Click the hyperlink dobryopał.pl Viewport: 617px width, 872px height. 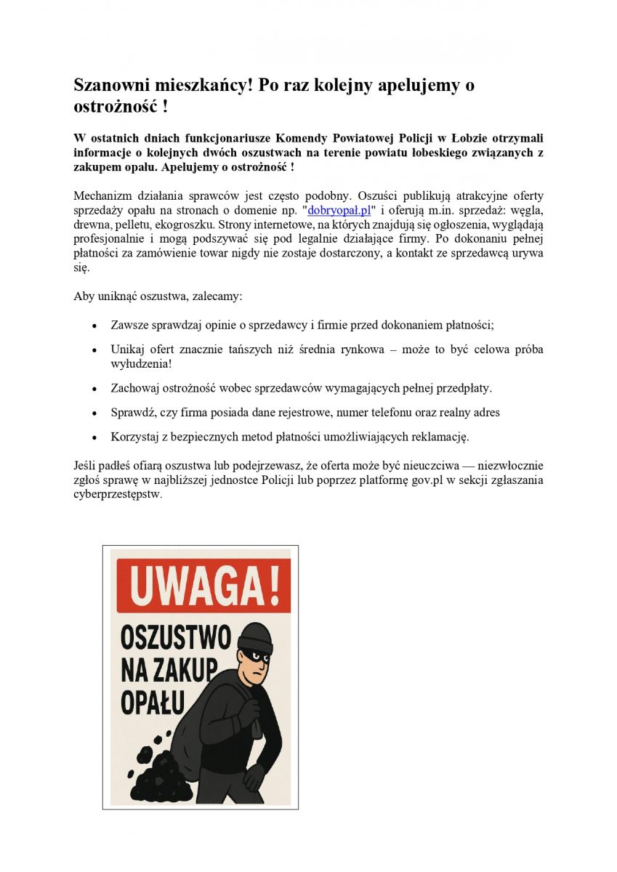point(339,211)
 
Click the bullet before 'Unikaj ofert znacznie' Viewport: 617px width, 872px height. point(94,350)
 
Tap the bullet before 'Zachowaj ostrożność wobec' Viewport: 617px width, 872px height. point(94,388)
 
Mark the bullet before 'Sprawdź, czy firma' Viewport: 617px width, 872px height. point(94,413)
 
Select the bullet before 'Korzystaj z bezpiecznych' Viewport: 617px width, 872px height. point(94,437)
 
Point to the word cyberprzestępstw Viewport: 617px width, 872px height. point(118,495)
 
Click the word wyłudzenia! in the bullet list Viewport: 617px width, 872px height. point(141,363)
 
